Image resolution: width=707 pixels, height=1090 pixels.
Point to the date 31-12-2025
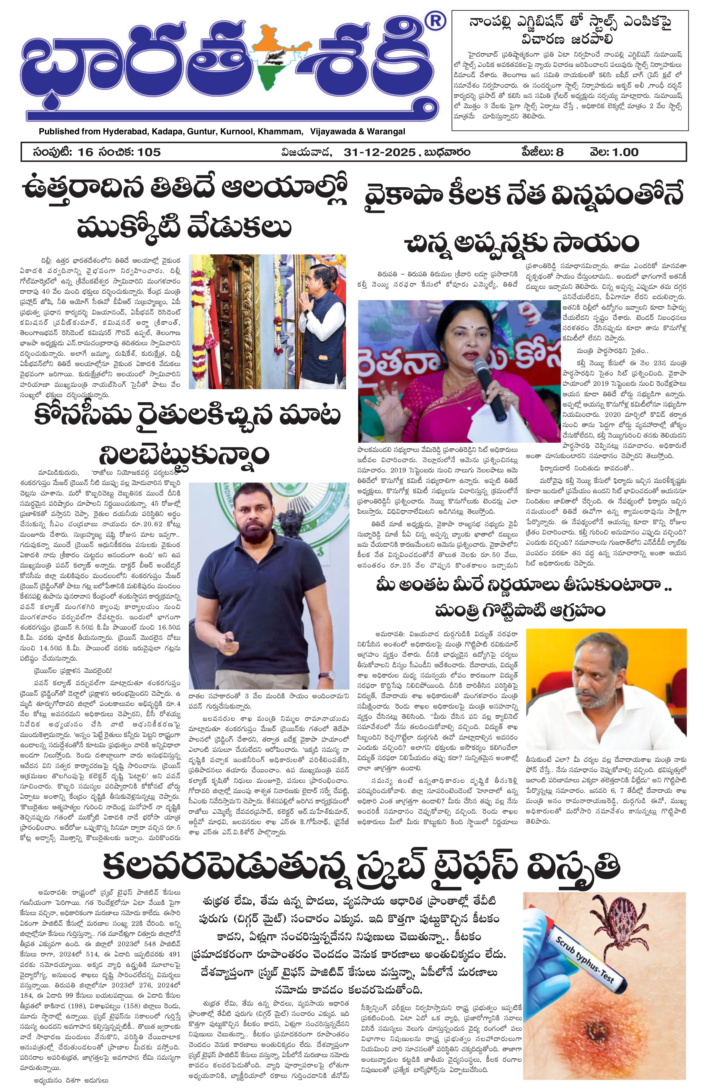click(x=379, y=152)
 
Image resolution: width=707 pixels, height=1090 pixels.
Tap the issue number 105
click(x=149, y=152)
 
